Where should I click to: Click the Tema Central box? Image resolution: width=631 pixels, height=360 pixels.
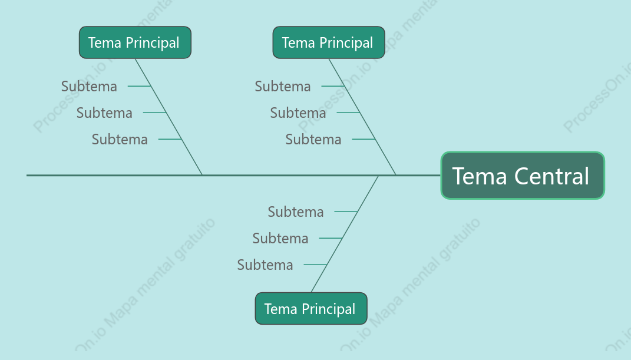[x=523, y=176]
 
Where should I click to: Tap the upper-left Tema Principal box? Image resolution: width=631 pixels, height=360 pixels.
[x=136, y=42]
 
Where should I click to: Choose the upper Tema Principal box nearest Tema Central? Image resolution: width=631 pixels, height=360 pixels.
[x=329, y=42]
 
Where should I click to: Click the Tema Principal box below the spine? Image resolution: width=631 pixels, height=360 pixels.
[x=311, y=309]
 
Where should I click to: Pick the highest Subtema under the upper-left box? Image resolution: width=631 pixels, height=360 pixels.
[x=89, y=86]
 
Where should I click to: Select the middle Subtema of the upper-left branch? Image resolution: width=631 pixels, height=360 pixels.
[x=104, y=113]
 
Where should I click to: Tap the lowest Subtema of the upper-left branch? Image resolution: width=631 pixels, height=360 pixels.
[x=120, y=139]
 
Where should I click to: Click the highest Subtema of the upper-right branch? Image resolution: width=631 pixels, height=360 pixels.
[x=282, y=86]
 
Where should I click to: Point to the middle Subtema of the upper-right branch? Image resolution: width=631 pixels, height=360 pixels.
[x=298, y=113]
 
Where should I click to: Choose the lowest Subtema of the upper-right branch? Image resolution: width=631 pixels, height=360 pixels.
[x=313, y=139]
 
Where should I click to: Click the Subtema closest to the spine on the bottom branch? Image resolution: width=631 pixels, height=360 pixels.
[x=296, y=212]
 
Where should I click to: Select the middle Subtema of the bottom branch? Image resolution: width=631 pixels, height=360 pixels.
[x=280, y=238]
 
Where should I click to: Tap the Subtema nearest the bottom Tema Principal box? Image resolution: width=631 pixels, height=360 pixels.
[x=265, y=265]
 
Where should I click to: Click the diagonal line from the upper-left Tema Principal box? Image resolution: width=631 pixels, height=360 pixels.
[x=169, y=117]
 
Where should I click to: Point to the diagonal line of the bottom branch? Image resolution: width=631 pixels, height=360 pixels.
[x=345, y=234]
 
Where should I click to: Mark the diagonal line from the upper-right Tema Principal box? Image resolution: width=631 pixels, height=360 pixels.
[x=362, y=117]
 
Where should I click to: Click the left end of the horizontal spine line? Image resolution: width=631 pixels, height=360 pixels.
[x=27, y=176]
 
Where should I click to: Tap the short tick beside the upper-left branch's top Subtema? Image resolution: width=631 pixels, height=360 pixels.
[x=139, y=86]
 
